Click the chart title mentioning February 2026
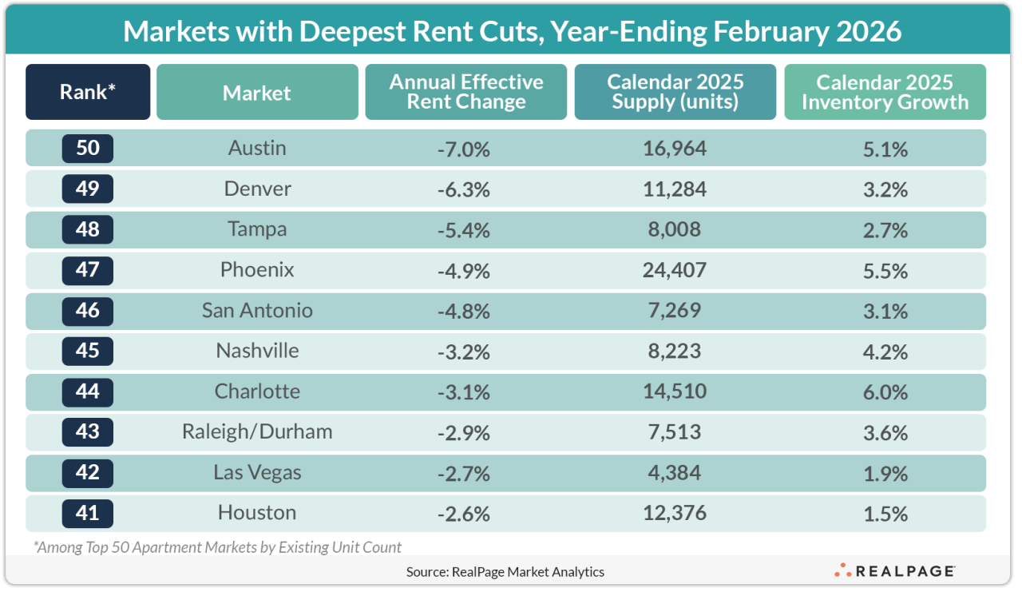click(512, 31)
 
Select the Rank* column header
click(88, 92)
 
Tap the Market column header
click(257, 92)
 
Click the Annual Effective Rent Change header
click(466, 92)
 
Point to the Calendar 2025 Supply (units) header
click(675, 92)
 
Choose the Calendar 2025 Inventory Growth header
click(885, 92)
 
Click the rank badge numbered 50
click(88, 149)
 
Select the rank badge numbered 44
click(88, 391)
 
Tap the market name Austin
click(257, 149)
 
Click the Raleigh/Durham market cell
click(257, 432)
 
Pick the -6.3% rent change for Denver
click(464, 189)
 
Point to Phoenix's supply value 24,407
click(675, 270)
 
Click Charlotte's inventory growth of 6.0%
click(885, 391)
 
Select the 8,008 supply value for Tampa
click(675, 229)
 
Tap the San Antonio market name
click(257, 311)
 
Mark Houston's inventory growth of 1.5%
click(885, 513)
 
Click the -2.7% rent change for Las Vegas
click(464, 473)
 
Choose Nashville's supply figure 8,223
click(675, 351)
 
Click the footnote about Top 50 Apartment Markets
click(217, 547)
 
